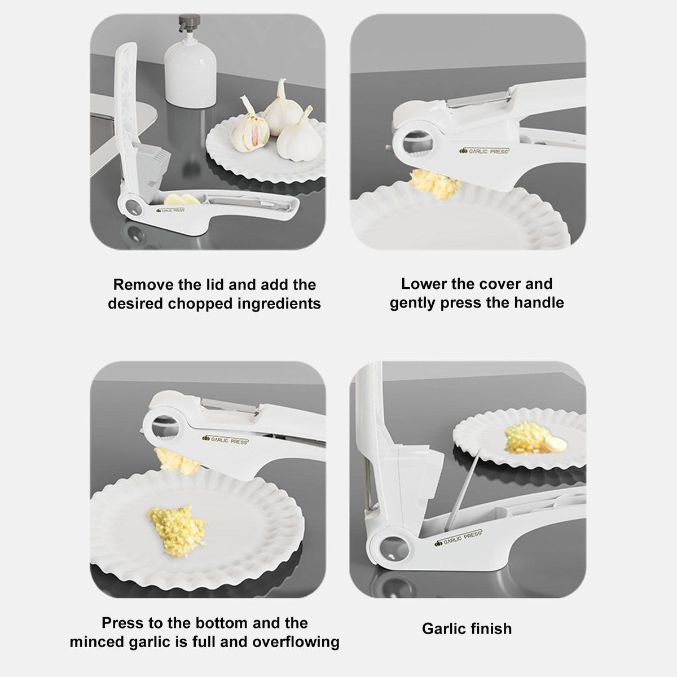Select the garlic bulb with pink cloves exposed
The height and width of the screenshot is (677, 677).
[x=250, y=126]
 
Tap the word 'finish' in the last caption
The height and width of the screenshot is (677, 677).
[x=490, y=629]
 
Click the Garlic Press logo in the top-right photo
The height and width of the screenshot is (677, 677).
[x=484, y=151]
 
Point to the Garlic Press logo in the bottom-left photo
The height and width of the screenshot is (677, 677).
[x=226, y=440]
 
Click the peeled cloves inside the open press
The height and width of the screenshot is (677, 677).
[x=182, y=200]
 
